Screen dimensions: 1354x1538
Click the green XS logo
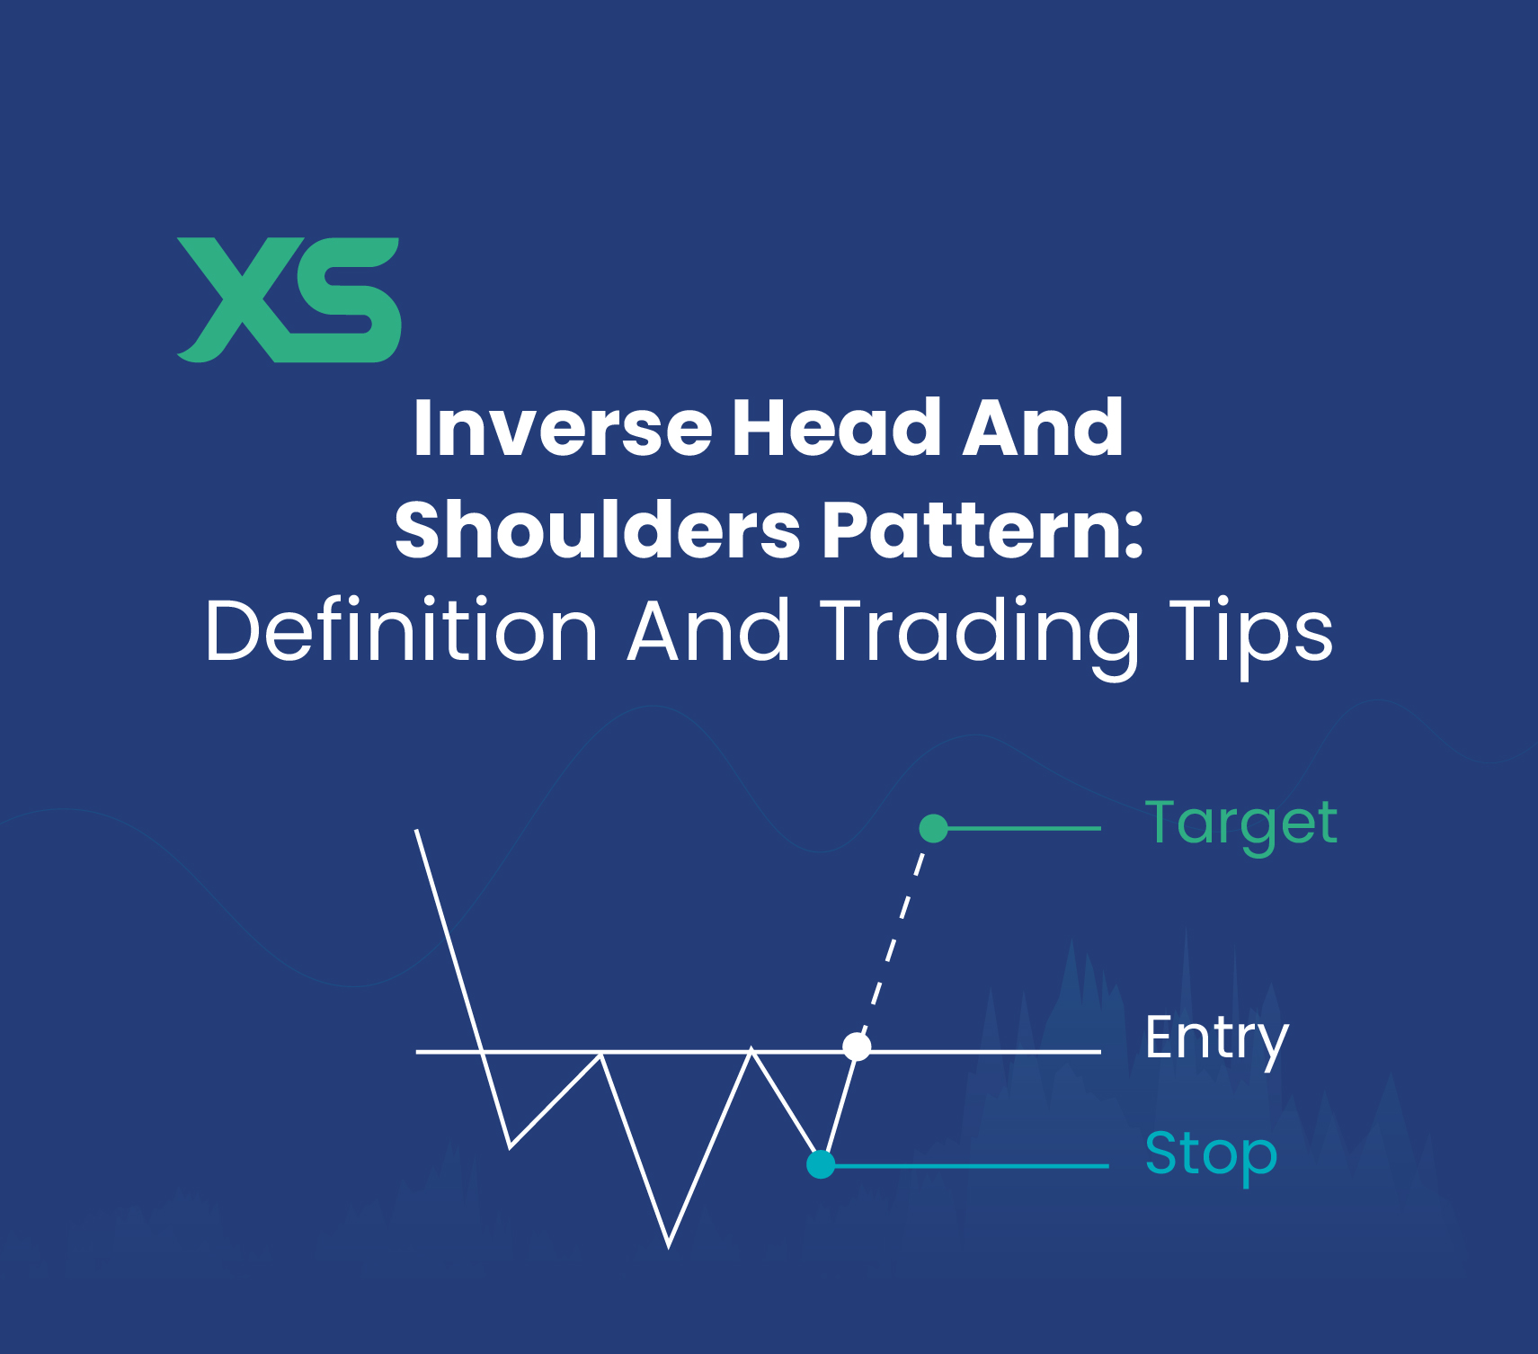pyautogui.click(x=289, y=299)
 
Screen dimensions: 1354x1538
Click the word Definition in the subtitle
pyautogui.click(x=401, y=631)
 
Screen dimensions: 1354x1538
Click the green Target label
pyautogui.click(x=1240, y=824)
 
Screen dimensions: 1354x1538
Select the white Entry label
pyautogui.click(x=1217, y=1039)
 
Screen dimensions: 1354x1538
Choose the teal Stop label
pyautogui.click(x=1211, y=1154)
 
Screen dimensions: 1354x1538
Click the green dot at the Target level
pyautogui.click(x=934, y=828)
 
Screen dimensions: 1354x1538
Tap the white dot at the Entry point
pyautogui.click(x=857, y=1047)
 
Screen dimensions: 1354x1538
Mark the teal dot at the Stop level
pyautogui.click(x=821, y=1164)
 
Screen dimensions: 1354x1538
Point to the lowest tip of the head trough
pyautogui.click(x=669, y=1244)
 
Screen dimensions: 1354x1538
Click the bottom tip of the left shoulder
pyautogui.click(x=511, y=1146)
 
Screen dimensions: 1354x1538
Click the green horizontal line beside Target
pyautogui.click(x=1025, y=828)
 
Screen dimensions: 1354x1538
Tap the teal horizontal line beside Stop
pyautogui.click(x=971, y=1166)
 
